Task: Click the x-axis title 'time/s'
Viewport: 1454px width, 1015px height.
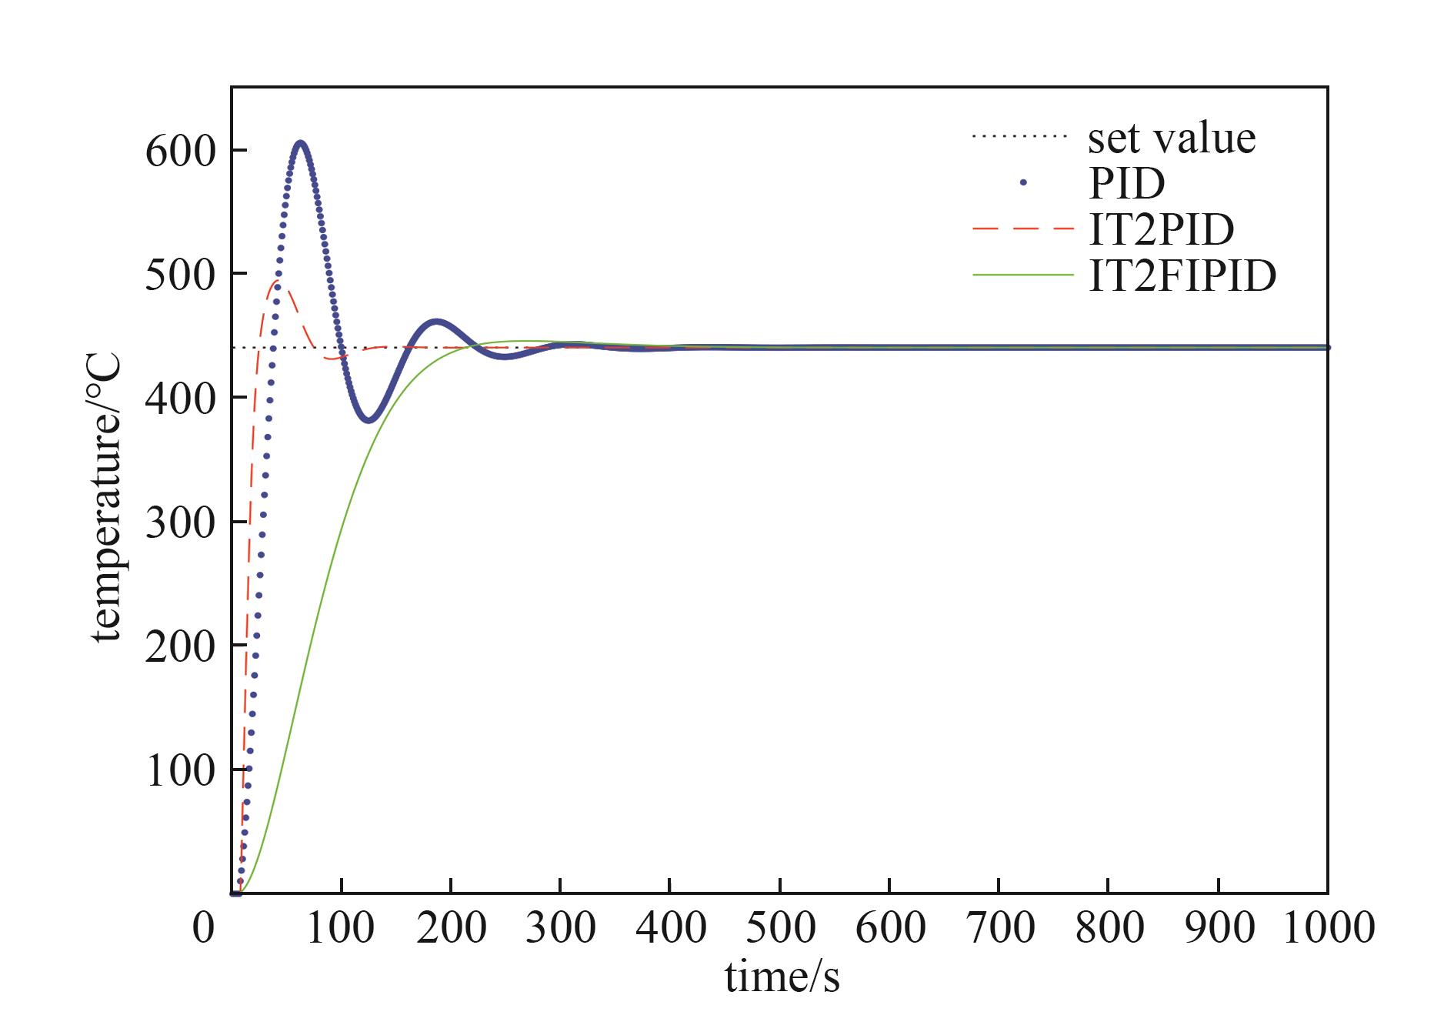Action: [782, 977]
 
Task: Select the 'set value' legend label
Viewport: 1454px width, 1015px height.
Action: [1171, 139]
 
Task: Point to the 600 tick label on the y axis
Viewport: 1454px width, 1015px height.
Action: [179, 151]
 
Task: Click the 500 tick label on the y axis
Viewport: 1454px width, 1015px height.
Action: [179, 275]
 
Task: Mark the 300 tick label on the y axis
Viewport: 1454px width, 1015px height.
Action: [179, 523]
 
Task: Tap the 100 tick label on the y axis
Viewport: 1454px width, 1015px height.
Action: [179, 770]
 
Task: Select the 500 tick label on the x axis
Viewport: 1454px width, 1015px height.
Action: [780, 927]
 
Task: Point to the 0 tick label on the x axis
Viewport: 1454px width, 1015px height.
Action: [203, 927]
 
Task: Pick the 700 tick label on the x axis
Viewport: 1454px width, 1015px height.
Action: [999, 927]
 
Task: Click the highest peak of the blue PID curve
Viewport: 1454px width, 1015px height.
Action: [301, 143]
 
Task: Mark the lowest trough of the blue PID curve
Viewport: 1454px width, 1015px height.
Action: [369, 420]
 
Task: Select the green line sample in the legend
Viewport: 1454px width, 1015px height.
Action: [1022, 275]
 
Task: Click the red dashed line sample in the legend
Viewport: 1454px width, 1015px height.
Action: [1022, 229]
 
